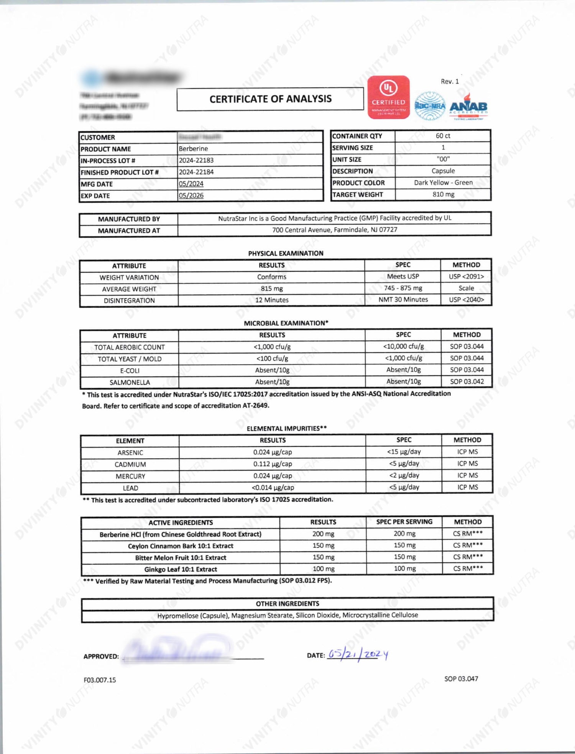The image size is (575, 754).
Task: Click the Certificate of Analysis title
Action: tap(270, 99)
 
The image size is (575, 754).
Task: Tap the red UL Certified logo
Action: tap(388, 97)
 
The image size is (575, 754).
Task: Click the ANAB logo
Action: tap(468, 107)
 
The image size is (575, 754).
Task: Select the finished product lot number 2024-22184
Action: tap(196, 172)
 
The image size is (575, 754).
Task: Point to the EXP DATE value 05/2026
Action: tap(191, 195)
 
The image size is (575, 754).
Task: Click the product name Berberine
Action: tap(193, 149)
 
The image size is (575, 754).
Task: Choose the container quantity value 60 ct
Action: tap(443, 136)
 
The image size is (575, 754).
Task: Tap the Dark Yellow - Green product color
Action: tap(443, 183)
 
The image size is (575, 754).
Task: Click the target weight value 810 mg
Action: tap(443, 194)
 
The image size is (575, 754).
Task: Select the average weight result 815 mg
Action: tap(271, 289)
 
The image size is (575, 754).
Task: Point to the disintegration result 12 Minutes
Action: tap(272, 300)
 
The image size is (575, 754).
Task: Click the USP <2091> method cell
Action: tap(466, 277)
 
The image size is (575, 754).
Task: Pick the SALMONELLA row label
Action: tap(130, 383)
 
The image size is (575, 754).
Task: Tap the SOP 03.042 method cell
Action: tap(467, 382)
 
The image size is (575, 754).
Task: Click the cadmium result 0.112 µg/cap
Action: tap(273, 464)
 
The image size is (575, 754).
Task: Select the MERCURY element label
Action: tap(130, 476)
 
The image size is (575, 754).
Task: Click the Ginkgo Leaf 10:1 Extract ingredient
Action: tap(181, 570)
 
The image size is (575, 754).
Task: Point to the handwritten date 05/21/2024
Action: tap(358, 654)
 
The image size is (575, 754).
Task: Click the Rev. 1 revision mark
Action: tap(450, 82)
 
